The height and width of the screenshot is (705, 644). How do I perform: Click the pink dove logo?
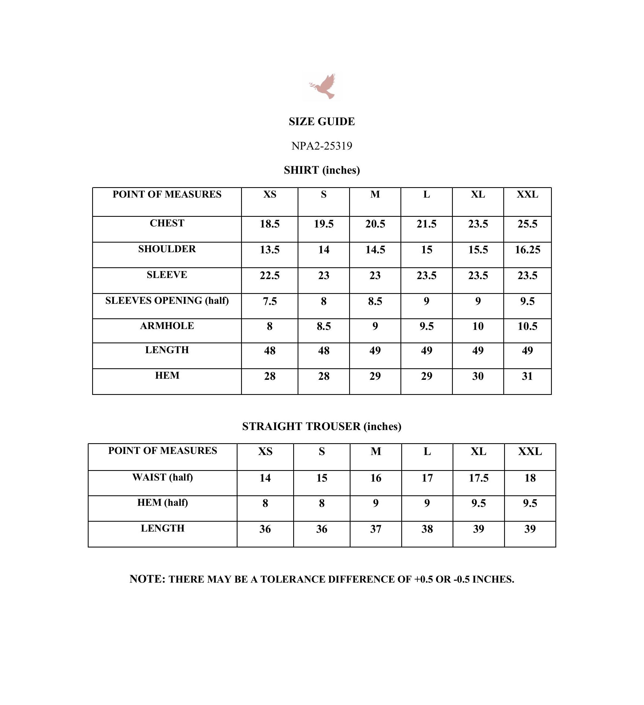pos(323,86)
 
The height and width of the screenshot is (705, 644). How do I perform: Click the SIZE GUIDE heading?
pos(321,121)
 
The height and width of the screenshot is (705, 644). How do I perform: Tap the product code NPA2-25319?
pos(321,146)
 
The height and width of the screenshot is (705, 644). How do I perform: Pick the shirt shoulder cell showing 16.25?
pos(527,250)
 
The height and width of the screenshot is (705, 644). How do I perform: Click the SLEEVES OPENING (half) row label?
pos(167,301)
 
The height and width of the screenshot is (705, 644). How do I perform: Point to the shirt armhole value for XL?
pos(478,326)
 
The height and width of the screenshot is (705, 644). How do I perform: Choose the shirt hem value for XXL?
pos(527,376)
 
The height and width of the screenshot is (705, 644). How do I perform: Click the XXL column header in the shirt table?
pos(527,195)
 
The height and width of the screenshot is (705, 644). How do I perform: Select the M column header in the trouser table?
pos(376,451)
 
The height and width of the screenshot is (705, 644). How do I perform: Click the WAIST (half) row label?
pos(162,477)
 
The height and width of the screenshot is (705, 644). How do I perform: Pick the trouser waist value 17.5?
pos(478,478)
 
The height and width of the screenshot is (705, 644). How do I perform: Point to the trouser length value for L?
pos(427,529)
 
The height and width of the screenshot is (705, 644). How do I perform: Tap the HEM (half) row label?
pos(162,502)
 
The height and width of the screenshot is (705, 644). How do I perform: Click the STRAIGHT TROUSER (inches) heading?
pos(321,426)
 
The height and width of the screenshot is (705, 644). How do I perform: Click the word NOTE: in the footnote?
pos(147,579)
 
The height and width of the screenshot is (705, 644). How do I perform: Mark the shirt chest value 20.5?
pos(375,224)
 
